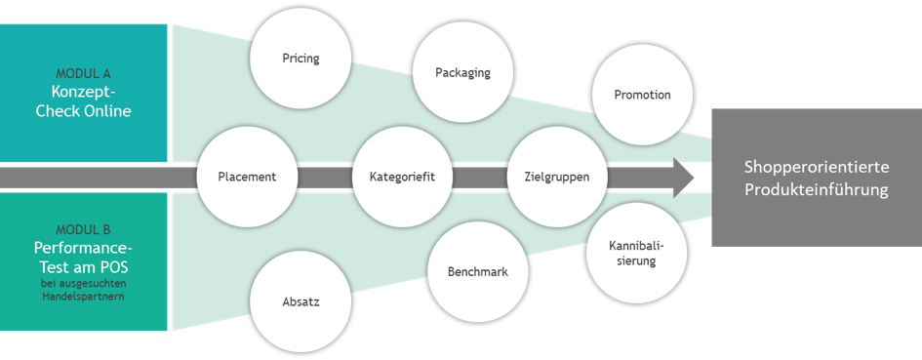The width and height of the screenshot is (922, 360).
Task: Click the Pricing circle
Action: [301, 59]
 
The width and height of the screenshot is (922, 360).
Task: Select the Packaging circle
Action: [462, 72]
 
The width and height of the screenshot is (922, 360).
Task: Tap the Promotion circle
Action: [642, 95]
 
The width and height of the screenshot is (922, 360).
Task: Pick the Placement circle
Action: [247, 177]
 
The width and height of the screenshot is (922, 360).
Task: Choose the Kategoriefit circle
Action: [402, 177]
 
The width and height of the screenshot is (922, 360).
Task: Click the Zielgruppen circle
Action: [556, 177]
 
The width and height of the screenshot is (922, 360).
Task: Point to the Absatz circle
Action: [301, 302]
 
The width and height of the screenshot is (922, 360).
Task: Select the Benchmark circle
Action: [477, 272]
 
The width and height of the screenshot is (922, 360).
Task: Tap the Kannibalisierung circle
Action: [637, 253]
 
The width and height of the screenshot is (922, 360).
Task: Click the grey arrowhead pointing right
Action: [682, 177]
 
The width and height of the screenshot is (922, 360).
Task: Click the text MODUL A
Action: [83, 74]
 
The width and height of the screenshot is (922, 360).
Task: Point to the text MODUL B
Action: [83, 230]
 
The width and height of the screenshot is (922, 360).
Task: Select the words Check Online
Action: [83, 111]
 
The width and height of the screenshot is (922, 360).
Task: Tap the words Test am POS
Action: [83, 267]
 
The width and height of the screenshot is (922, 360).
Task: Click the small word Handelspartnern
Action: [83, 297]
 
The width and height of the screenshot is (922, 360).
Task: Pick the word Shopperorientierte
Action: [817, 168]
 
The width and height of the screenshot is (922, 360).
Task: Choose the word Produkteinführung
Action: [817, 190]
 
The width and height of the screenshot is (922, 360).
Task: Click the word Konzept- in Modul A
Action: [83, 93]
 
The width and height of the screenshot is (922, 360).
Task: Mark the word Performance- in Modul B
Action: [83, 248]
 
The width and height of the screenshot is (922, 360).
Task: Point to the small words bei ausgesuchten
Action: [83, 285]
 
